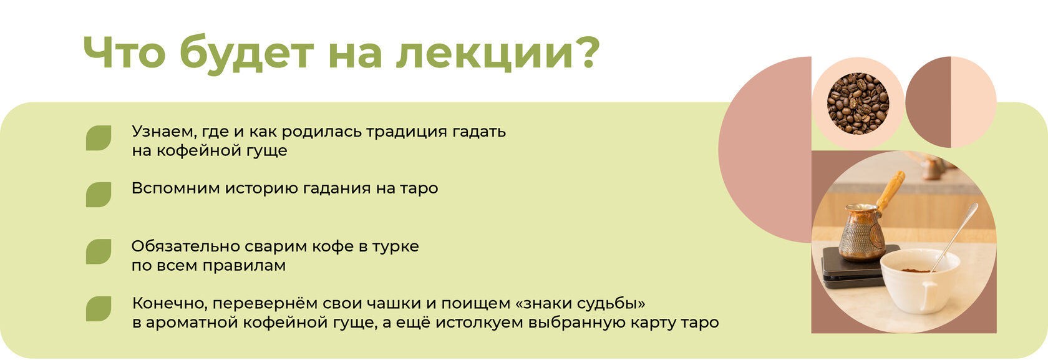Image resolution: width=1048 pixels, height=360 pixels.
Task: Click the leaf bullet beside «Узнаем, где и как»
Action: tap(99, 138)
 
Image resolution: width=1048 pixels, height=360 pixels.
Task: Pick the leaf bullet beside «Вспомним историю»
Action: tap(99, 194)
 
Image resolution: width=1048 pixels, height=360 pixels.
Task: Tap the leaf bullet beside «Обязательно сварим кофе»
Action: tap(99, 252)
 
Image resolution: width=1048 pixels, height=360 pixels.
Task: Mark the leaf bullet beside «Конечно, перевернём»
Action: tap(99, 309)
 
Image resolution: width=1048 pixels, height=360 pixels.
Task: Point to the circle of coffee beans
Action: tap(858, 104)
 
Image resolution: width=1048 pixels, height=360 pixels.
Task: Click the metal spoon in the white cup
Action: tap(954, 237)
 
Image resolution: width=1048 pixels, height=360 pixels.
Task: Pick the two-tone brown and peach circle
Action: tap(951, 102)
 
